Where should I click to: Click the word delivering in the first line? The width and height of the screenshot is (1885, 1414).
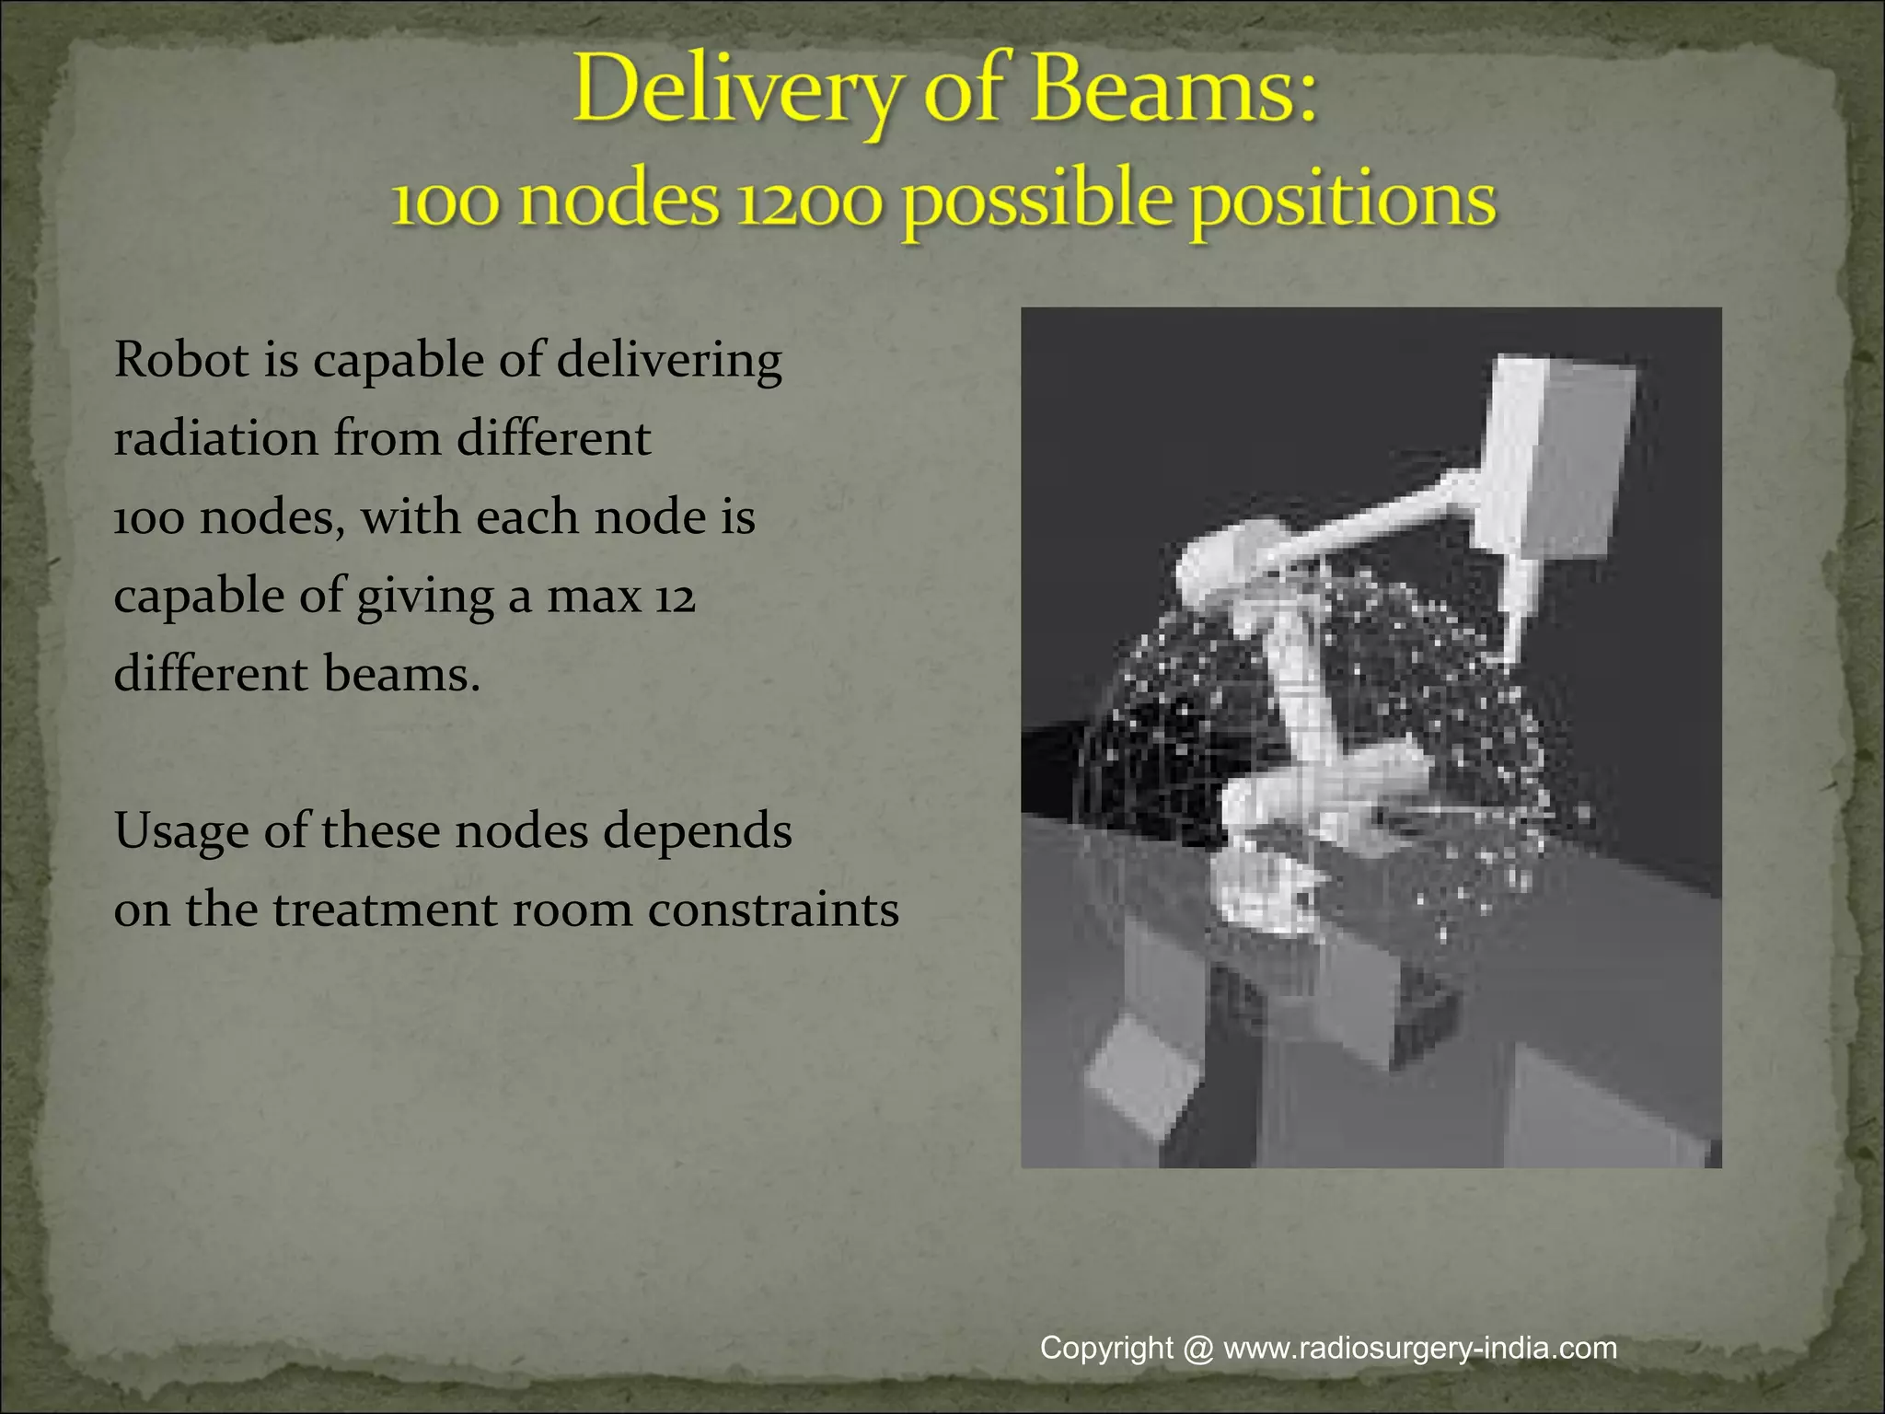click(x=669, y=361)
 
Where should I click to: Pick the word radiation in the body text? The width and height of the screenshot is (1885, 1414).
click(x=216, y=438)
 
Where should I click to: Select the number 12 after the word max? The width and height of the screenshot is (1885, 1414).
click(x=675, y=597)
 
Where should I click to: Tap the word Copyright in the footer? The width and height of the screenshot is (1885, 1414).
click(x=1106, y=1348)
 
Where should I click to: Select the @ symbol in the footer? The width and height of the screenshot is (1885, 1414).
click(x=1198, y=1349)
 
